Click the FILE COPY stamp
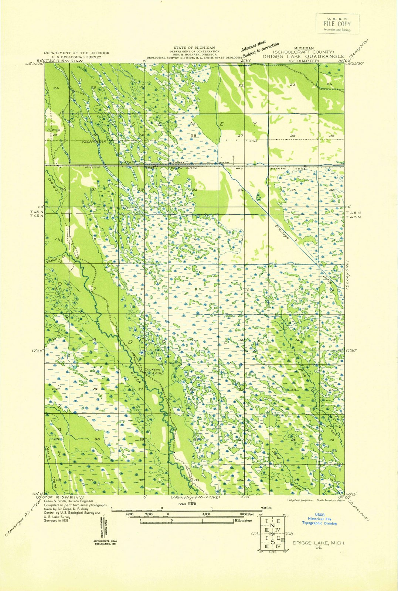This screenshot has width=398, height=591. point(337,24)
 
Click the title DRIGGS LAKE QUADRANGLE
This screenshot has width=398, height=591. point(303,57)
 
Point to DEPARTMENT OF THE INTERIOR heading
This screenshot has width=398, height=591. point(76,53)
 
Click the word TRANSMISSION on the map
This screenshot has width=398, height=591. point(94,142)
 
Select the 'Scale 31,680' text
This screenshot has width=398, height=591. point(187,503)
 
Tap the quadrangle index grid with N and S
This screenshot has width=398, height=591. point(272,533)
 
